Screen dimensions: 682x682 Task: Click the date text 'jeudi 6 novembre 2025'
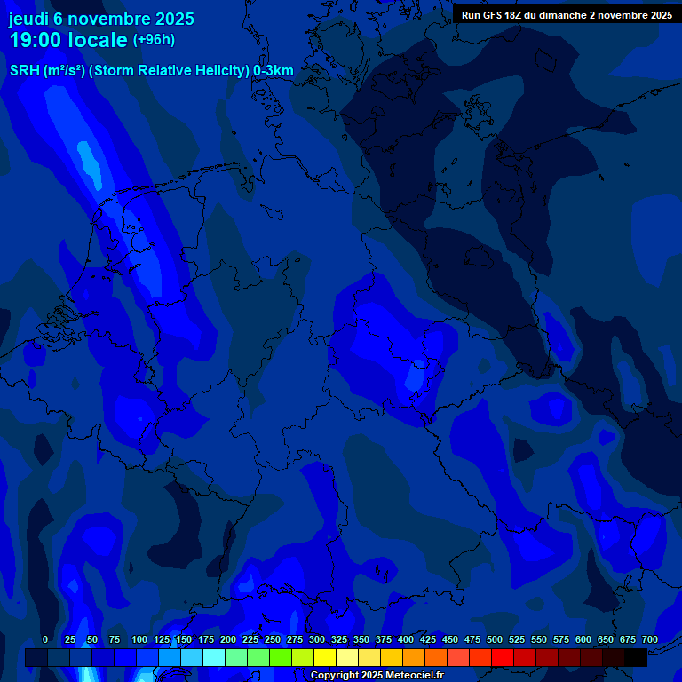coord(101,19)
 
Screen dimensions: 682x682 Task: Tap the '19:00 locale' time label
coord(68,40)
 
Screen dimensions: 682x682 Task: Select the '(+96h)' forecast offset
coord(154,40)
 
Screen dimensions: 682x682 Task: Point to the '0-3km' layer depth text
coord(274,71)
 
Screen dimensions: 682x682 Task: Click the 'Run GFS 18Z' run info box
coord(567,14)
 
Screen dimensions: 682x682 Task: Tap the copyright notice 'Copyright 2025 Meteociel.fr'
coord(377,675)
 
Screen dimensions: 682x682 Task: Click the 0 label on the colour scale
coord(45,639)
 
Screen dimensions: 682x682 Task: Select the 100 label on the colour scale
coord(139,639)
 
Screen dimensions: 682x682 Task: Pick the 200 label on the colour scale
coord(228,639)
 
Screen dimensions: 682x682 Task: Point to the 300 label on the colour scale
coord(317,639)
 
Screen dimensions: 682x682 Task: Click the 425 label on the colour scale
coord(428,639)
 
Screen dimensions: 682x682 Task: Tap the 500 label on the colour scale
coord(495,639)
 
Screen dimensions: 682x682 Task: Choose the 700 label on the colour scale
coord(649,639)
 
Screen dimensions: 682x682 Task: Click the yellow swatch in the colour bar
coord(325,658)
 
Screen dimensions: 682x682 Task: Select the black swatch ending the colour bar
coord(636,658)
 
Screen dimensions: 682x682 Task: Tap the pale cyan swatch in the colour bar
coord(214,658)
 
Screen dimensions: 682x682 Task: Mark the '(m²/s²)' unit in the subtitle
coord(66,71)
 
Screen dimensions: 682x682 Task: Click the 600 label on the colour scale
coord(583,639)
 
